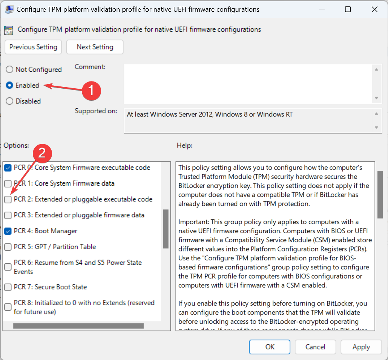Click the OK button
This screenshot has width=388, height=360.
[270, 347]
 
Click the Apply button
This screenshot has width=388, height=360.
[361, 347]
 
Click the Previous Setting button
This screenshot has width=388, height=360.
[33, 47]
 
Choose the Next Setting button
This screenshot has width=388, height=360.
[95, 47]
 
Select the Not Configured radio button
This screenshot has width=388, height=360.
[9, 69]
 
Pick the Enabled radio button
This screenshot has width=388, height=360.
[9, 85]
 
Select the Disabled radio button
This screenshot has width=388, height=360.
[9, 101]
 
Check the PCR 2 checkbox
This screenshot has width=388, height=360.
[8, 200]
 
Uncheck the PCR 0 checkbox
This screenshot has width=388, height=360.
[8, 168]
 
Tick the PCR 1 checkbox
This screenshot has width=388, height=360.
[8, 184]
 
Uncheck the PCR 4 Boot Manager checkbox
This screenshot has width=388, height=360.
[8, 231]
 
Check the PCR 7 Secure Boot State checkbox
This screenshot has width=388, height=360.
[8, 287]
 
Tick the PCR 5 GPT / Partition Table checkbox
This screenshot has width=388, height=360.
[8, 247]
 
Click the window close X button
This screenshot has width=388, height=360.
[374, 9]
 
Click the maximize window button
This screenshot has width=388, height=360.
[348, 9]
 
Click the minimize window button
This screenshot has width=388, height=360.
[322, 9]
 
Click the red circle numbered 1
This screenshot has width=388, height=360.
[91, 90]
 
